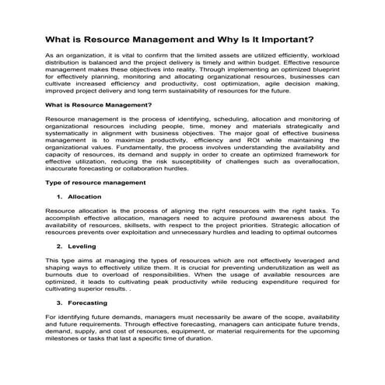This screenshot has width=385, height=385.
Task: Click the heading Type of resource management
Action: [96, 182]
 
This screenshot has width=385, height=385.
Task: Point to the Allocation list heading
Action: [85, 197]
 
